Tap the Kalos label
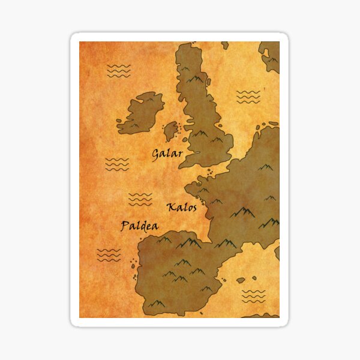pyautogui.click(x=182, y=207)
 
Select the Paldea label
pyautogui.click(x=140, y=226)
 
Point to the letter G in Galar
pyautogui.click(x=155, y=155)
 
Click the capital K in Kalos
pyautogui.click(x=171, y=208)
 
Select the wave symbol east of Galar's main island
pyautogui.click(x=248, y=96)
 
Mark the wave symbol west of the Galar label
pyautogui.click(x=117, y=164)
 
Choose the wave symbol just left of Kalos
pyautogui.click(x=140, y=199)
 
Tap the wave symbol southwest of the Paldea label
pyautogui.click(x=109, y=255)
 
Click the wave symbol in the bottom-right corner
pyautogui.click(x=253, y=296)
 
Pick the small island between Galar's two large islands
pyautogui.click(x=171, y=129)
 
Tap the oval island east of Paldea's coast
pyautogui.click(x=241, y=280)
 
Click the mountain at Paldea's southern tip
pyautogui.click(x=157, y=304)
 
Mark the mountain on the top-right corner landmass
pyautogui.click(x=271, y=59)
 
